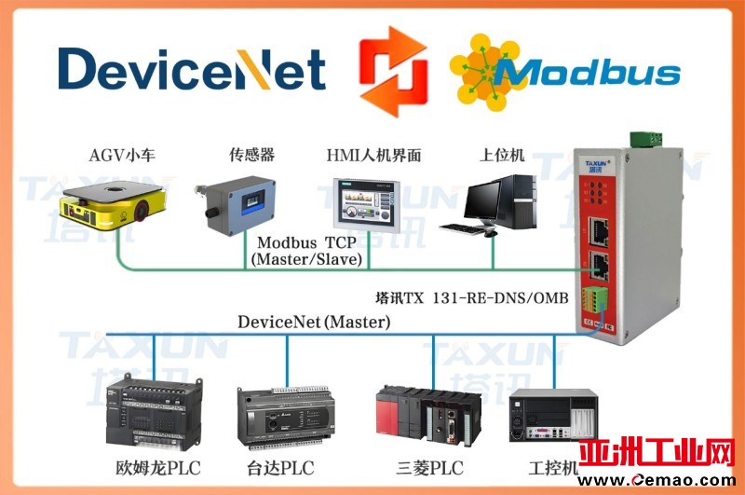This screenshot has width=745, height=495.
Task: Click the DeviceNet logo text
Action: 191,69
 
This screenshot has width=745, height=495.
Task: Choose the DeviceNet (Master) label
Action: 314,323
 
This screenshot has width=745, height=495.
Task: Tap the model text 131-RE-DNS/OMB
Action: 513,299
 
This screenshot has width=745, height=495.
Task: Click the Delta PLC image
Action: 280,419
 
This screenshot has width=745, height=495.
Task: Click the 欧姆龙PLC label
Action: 154,467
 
